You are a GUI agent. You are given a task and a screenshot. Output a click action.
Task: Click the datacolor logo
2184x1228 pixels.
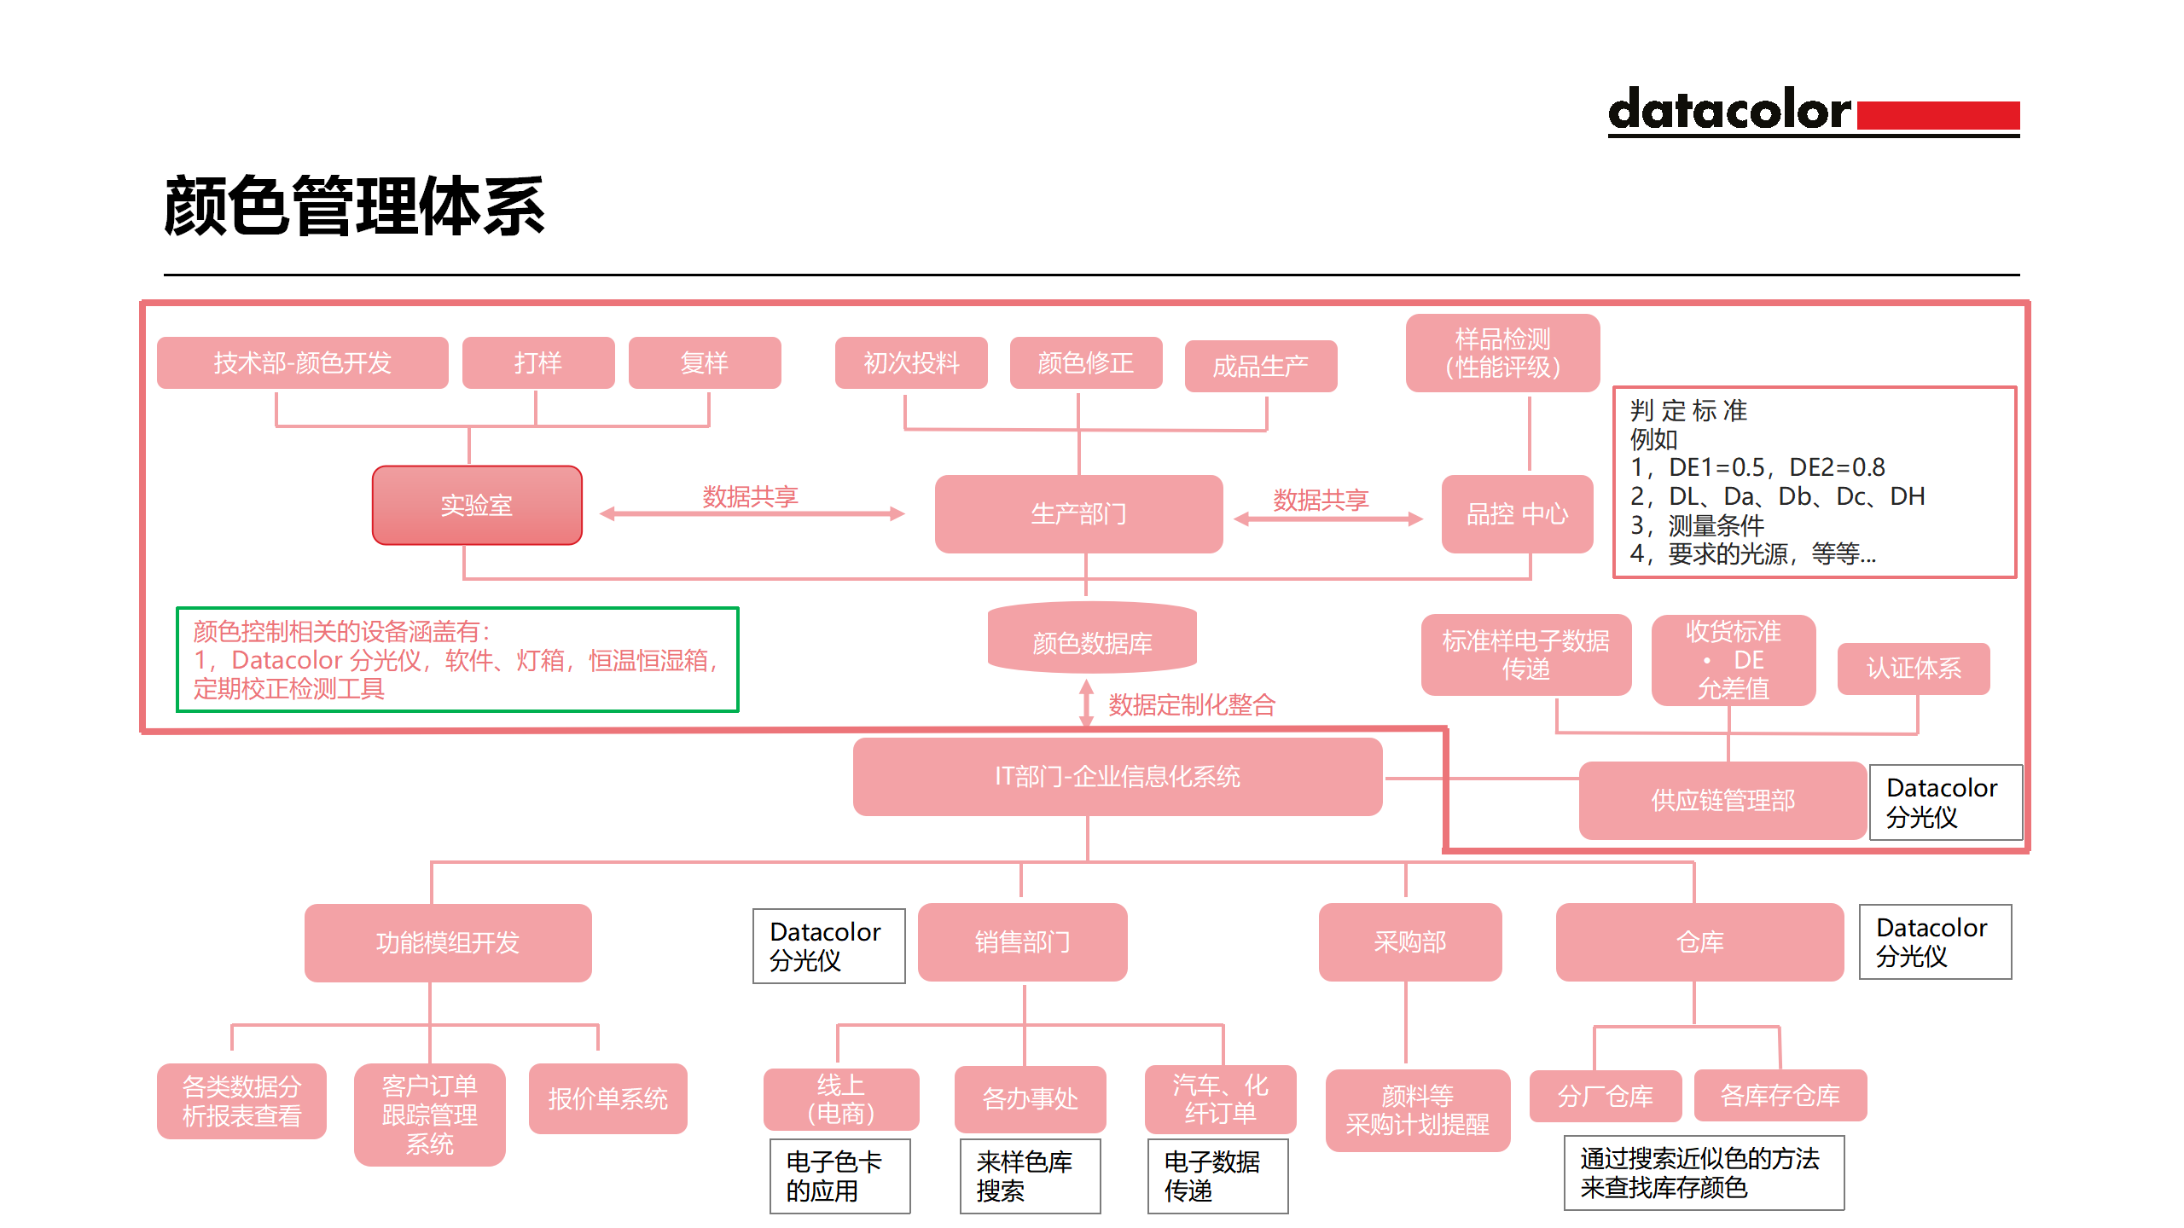(1813, 112)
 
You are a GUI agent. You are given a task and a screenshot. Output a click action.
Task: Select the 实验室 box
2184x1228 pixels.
(477, 506)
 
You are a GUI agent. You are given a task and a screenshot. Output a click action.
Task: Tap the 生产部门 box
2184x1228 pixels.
(1078, 514)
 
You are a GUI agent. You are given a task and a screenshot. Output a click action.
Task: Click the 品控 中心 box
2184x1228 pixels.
(1517, 514)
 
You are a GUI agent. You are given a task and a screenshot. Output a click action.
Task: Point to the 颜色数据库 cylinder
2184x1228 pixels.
(1092, 640)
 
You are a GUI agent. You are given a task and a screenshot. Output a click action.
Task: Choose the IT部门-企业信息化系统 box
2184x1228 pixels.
(1117, 777)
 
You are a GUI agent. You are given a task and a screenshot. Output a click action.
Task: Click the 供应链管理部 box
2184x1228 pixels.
(1722, 801)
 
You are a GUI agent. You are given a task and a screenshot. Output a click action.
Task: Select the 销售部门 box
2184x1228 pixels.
(1022, 942)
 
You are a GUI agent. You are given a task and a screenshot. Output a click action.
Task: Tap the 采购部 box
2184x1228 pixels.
(1409, 942)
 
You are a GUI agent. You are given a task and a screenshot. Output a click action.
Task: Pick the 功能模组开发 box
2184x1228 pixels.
(447, 942)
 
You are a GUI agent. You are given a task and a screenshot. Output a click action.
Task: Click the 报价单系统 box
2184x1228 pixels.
(607, 1098)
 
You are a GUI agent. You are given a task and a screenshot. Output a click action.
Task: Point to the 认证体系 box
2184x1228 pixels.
(1914, 669)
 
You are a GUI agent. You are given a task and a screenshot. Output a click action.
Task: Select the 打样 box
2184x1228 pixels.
(537, 363)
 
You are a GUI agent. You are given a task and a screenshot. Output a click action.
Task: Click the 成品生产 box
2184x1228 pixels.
(1260, 367)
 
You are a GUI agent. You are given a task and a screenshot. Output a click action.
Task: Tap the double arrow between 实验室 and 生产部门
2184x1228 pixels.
(752, 513)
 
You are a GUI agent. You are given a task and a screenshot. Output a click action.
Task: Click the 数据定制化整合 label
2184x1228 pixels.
(1191, 705)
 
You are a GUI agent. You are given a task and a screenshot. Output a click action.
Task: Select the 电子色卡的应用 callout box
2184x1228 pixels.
(839, 1176)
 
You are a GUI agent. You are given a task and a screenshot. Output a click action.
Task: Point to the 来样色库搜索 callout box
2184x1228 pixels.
(1029, 1176)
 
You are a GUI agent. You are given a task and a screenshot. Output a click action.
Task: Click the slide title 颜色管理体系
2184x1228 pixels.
(354, 206)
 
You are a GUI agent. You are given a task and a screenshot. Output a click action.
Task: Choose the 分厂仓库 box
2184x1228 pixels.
(1605, 1096)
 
